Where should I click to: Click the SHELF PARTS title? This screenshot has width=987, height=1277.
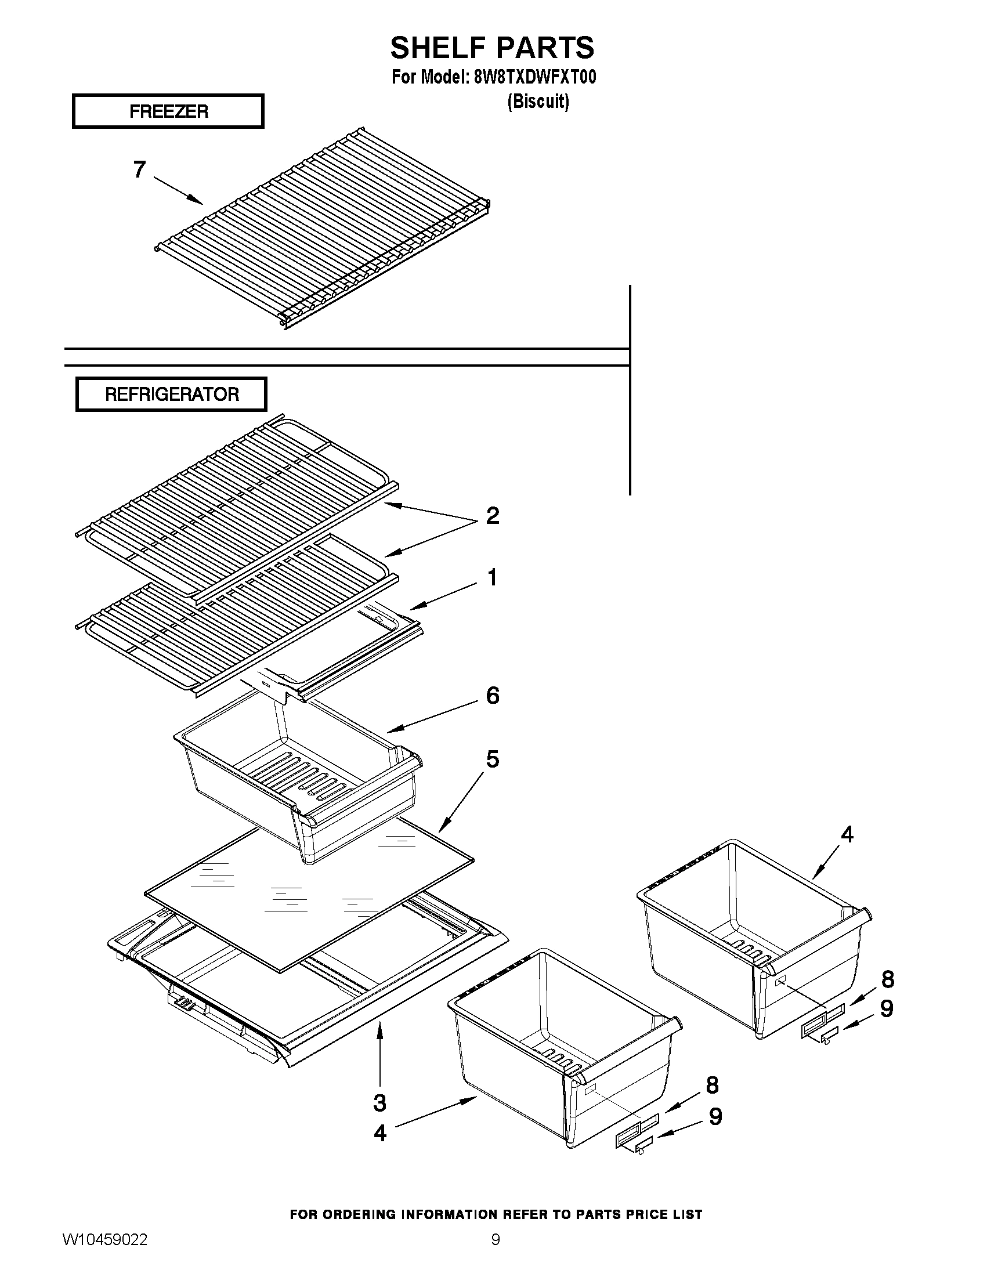[x=491, y=48]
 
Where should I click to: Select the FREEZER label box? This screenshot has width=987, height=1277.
[x=168, y=111]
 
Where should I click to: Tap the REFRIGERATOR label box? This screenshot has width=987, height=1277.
[x=171, y=394]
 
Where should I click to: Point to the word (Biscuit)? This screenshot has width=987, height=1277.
[x=538, y=101]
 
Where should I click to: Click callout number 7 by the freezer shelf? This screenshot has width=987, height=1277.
[x=139, y=169]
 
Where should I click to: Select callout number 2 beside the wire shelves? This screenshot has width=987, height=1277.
[x=492, y=516]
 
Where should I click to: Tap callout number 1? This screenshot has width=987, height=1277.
[x=491, y=577]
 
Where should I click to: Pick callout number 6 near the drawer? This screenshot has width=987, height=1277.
[x=492, y=696]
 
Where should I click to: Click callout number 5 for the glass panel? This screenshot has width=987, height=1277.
[x=492, y=759]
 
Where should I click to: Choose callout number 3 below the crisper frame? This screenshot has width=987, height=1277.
[x=379, y=1103]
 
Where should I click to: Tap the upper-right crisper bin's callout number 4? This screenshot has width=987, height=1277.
[x=847, y=834]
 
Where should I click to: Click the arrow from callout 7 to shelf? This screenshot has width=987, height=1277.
[x=178, y=190]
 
